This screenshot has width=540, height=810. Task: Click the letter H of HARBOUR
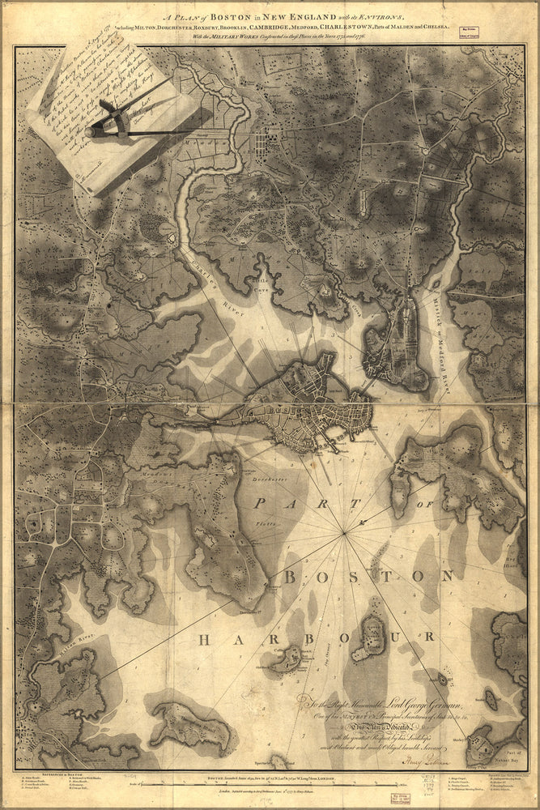tap(204, 641)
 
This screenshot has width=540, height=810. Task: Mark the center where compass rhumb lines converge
tap(346, 532)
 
